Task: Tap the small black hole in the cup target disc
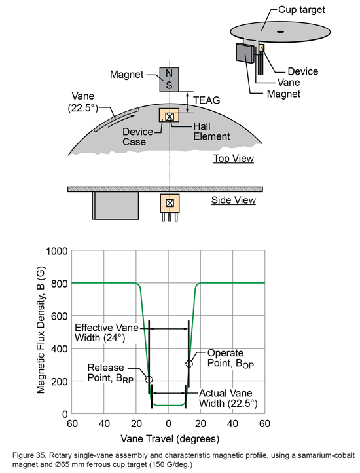pos(279,31)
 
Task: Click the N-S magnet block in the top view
pos(170,79)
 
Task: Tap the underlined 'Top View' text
pos(233,159)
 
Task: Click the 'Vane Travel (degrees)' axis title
pos(170,438)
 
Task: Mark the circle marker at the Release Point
pos(149,379)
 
